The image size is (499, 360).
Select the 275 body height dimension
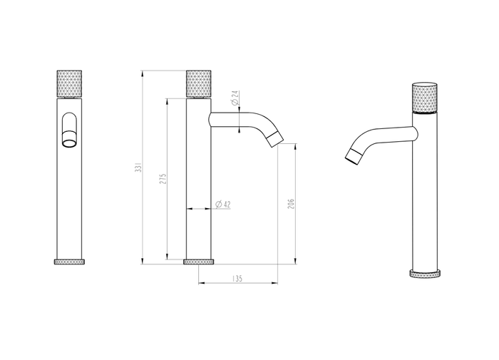point(163,179)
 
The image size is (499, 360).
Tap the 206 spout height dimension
point(291,204)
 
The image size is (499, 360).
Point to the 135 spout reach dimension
point(237,279)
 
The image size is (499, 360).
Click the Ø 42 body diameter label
point(222,205)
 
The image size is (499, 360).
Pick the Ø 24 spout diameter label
point(235,98)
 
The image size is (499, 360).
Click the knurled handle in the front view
point(69,83)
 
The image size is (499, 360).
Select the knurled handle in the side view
point(199,83)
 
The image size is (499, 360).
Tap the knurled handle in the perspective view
point(425,98)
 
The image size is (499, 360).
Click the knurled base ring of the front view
point(69,262)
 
